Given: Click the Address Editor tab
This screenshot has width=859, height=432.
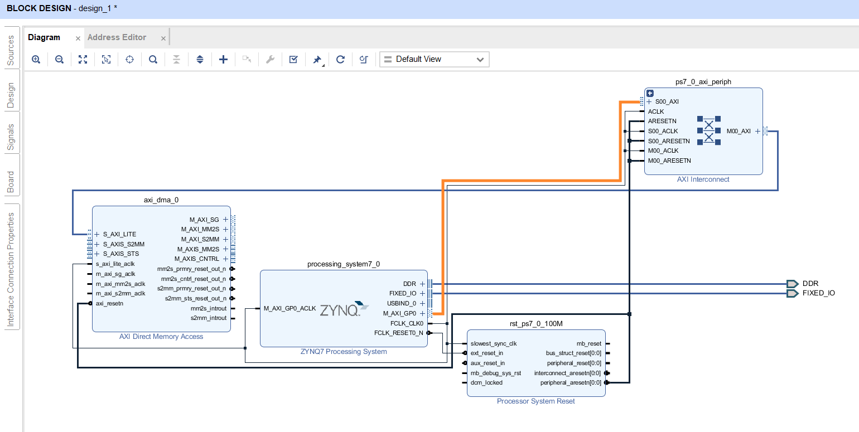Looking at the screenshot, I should pos(117,37).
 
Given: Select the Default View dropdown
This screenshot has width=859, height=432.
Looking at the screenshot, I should pos(434,59).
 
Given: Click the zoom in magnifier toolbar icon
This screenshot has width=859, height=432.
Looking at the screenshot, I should pos(36,60).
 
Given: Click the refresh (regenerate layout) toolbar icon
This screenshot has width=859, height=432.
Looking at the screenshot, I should pos(340,60).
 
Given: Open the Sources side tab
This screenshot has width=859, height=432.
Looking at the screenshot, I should pos(11,50).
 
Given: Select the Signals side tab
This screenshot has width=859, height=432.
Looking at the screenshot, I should pos(11,137).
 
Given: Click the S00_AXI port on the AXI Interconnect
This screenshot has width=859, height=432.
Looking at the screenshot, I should pos(667,102).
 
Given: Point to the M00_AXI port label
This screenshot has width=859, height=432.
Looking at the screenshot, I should pos(738,131).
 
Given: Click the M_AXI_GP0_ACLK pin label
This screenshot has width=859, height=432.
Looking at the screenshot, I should pos(289,308).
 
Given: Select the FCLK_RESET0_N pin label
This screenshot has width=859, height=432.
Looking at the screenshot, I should pos(398,333).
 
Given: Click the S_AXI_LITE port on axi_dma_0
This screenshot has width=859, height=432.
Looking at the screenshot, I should pos(119,234).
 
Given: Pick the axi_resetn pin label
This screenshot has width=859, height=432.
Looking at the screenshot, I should pos(109,303).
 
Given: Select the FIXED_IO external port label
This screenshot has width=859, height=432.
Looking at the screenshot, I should pos(819,293).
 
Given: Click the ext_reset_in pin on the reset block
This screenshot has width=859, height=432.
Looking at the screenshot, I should pos(486,353).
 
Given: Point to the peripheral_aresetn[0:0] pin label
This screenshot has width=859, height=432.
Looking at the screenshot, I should pos(571,382).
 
